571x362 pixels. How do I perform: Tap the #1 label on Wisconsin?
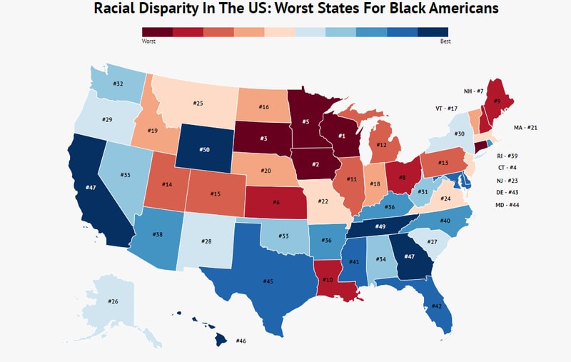pos(341,136)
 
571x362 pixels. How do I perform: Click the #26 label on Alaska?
pos(113,301)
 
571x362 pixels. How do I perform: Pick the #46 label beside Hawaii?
pos(241,341)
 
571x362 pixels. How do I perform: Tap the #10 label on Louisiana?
pos(328,279)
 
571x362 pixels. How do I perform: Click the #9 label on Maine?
pos(497,101)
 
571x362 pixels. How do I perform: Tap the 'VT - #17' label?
pos(446,108)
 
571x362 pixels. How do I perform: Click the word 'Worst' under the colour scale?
pos(149,41)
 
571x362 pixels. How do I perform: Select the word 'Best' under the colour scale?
pos(445,41)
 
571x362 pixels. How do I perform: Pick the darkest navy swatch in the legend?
pos(433,31)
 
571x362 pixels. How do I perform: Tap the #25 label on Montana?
pos(198,104)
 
